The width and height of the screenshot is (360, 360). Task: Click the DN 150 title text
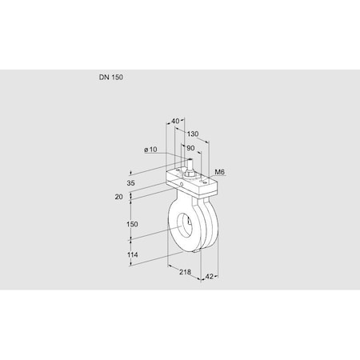[112, 78]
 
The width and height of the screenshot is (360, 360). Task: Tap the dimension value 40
[175, 121]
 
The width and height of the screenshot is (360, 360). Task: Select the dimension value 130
[193, 134]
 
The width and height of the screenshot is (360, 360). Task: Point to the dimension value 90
[190, 148]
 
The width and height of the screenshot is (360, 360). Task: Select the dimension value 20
[118, 196]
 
